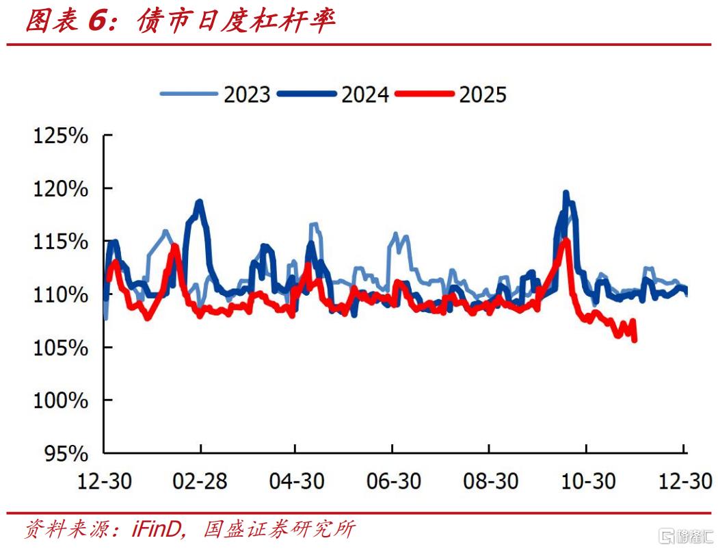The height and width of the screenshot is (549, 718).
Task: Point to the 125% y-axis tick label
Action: pos(61,136)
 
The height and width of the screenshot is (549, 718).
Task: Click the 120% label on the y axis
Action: pos(61,188)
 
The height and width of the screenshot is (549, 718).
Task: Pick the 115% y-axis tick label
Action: pos(61,242)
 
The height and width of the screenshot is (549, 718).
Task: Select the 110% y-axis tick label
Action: pos(61,294)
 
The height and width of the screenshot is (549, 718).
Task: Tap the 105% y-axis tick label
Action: pos(61,348)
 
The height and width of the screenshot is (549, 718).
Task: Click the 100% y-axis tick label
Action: pos(61,400)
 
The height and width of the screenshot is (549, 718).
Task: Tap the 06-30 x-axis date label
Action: pos(392,481)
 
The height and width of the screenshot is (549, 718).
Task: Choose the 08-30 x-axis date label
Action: pos(488,481)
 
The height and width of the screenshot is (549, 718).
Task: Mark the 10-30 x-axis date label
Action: pos(585,481)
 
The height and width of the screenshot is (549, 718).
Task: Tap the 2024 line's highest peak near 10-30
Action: pos(566,192)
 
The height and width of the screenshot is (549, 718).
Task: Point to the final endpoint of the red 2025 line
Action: pos(635,340)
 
